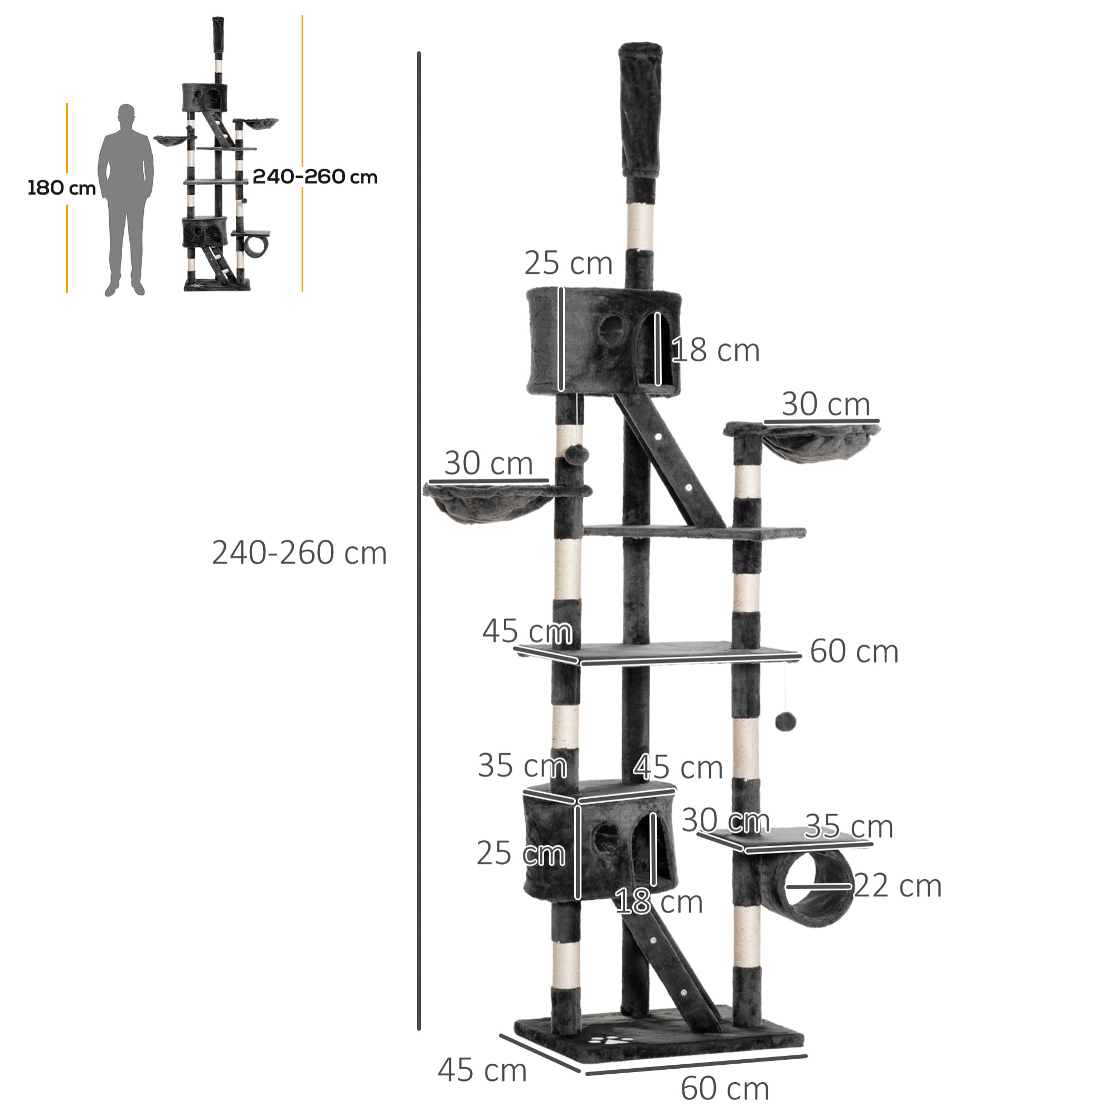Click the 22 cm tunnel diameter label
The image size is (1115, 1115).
pyautogui.click(x=897, y=886)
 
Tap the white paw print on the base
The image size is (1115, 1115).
pyautogui.click(x=613, y=1043)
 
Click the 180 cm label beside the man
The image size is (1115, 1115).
pyautogui.click(x=62, y=188)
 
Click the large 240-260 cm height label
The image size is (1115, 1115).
pyautogui.click(x=299, y=553)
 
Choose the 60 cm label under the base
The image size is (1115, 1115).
pyautogui.click(x=725, y=1088)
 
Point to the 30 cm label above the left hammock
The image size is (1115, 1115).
pyautogui.click(x=488, y=463)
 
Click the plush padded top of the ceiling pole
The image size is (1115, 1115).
pyautogui.click(x=641, y=110)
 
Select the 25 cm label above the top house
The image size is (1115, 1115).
pyautogui.click(x=568, y=263)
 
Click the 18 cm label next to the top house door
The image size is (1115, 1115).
pyautogui.click(x=716, y=350)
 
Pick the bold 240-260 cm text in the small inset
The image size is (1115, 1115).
pyautogui.click(x=314, y=177)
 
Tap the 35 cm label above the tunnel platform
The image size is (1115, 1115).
pyautogui.click(x=849, y=826)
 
